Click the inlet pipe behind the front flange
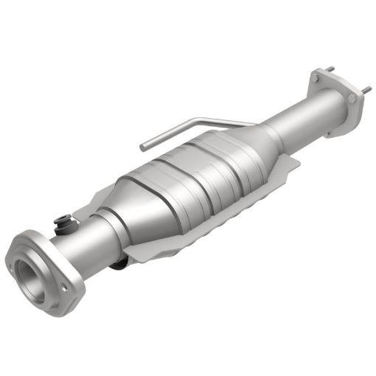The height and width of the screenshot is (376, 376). click(81, 236)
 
